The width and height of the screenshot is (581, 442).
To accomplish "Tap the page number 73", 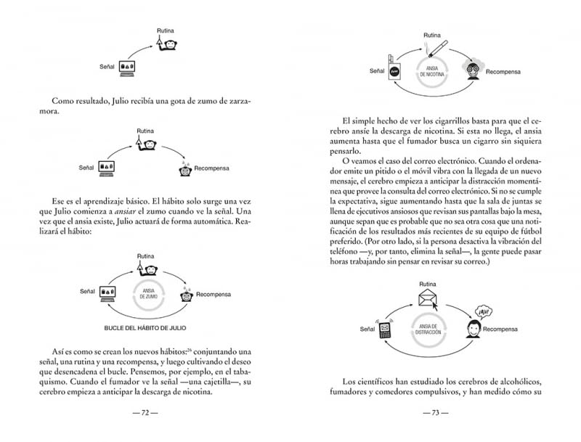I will [436, 413].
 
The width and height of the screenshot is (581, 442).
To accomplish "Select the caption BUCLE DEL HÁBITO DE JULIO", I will [145, 327].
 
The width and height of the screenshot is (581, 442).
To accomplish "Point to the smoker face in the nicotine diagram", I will [474, 69].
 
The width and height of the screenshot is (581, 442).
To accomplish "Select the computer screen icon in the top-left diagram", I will [129, 67].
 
